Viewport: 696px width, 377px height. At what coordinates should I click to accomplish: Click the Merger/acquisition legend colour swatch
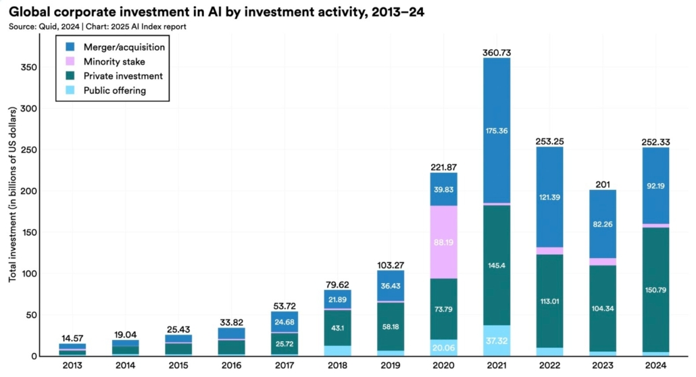pos(70,47)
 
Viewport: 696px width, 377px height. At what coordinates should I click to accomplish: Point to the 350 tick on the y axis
pos(30,67)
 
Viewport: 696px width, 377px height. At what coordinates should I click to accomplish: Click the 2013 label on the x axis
pos(72,366)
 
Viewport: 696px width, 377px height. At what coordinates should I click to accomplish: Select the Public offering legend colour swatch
pos(70,90)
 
